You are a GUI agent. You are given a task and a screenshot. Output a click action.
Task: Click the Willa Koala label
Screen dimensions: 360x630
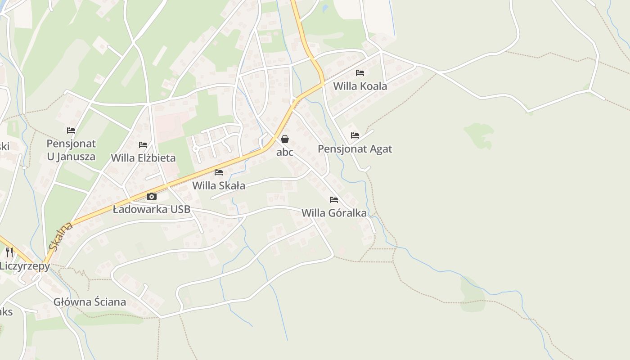click(360, 86)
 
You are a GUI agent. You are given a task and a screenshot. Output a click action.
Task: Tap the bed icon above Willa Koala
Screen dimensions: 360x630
click(360, 72)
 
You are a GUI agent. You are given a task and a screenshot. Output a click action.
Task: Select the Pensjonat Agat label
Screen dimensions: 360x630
click(355, 149)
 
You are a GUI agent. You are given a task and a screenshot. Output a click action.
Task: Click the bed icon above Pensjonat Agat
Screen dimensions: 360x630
click(355, 135)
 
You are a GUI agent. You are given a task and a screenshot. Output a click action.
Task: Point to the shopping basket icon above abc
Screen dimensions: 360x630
click(285, 139)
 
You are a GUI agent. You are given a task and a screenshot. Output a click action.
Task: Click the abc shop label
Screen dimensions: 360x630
click(285, 152)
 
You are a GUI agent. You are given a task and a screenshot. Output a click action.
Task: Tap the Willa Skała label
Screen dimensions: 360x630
click(219, 185)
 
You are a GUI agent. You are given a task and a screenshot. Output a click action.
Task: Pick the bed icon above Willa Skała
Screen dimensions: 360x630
click(219, 172)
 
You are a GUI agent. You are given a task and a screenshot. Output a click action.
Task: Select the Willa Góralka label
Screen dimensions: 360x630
click(334, 213)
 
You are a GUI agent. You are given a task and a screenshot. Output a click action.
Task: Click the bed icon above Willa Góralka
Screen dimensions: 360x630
click(334, 199)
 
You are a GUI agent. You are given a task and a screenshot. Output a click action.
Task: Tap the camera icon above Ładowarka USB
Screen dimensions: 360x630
click(152, 196)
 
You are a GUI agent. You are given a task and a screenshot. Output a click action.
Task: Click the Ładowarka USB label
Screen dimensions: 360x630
click(152, 209)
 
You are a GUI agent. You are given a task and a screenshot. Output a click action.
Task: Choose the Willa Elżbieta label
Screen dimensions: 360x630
click(143, 158)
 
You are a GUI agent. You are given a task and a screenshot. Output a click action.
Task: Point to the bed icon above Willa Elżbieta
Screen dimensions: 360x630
click(143, 145)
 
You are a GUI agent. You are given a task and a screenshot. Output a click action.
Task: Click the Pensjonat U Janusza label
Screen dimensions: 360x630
click(71, 150)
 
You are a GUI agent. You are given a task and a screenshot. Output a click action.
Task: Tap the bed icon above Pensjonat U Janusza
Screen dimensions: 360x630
click(71, 130)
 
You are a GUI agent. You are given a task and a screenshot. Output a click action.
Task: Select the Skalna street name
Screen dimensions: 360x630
click(61, 236)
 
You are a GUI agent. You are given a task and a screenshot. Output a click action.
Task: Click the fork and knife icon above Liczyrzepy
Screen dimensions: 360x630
click(9, 252)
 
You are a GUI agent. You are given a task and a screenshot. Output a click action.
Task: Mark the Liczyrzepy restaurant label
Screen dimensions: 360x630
click(25, 266)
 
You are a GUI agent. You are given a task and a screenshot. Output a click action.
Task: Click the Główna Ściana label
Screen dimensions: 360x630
click(90, 302)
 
